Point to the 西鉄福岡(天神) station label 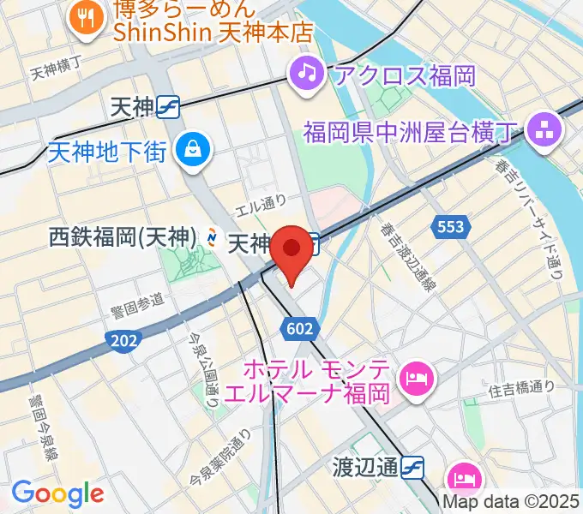[123, 236]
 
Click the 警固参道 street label [137, 301]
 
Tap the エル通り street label [262, 205]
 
